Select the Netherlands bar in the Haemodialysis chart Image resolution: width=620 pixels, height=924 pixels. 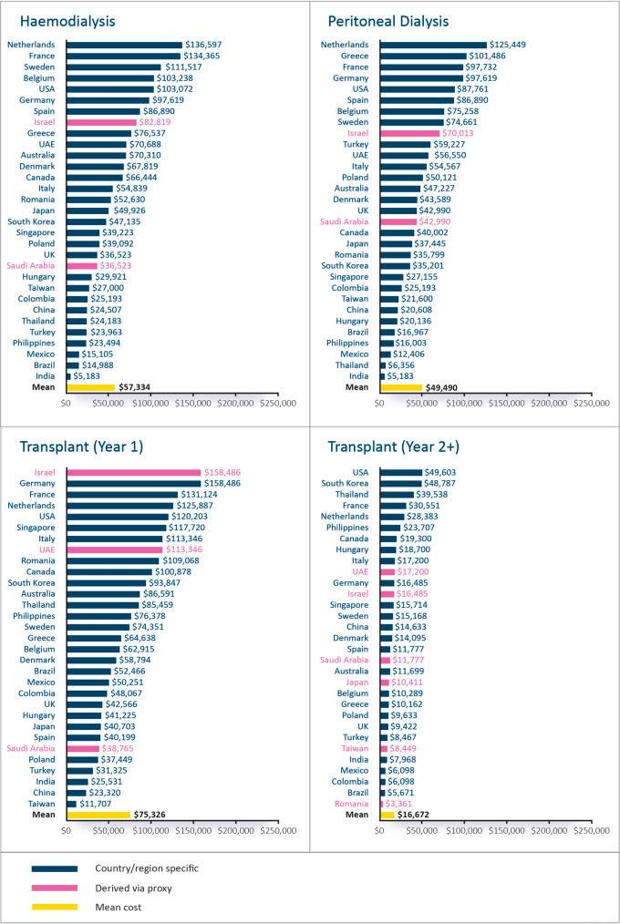point(124,45)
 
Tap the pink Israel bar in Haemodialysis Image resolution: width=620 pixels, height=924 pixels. point(101,121)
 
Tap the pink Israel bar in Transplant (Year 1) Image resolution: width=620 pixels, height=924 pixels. point(133,472)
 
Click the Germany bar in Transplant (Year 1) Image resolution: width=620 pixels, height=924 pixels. point(133,483)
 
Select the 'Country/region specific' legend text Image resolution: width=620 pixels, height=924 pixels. point(146,868)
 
